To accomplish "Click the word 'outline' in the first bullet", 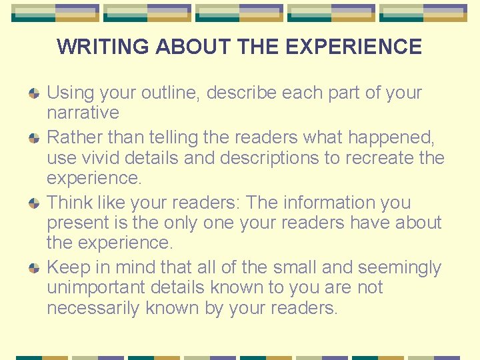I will pyautogui.click(x=164, y=93).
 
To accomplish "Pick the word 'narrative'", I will pyautogui.click(x=83, y=113).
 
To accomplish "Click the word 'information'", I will pyautogui.click(x=333, y=203).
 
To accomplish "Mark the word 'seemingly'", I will pyautogui.click(x=399, y=268).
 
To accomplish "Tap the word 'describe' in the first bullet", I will pyautogui.click(x=241, y=93).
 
